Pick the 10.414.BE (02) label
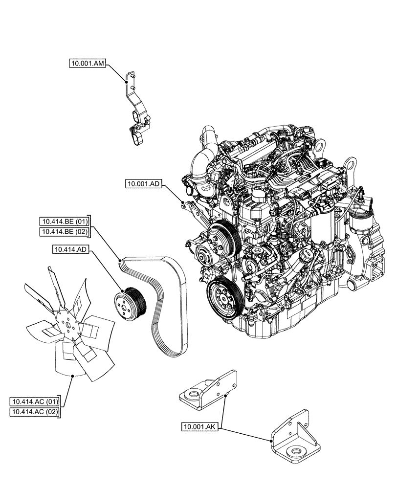[65, 231]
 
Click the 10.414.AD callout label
[70, 249]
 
